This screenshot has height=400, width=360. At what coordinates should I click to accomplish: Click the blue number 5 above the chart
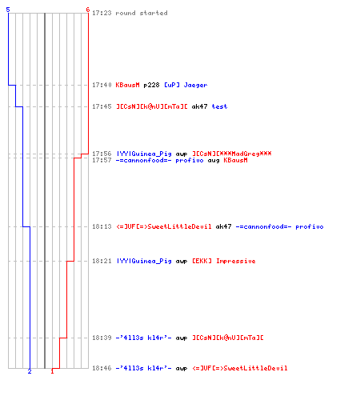[8, 10]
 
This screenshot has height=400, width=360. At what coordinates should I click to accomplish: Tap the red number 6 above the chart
[88, 10]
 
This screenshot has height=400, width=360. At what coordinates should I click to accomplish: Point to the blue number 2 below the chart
[30, 371]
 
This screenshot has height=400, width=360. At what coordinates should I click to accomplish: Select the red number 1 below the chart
[52, 371]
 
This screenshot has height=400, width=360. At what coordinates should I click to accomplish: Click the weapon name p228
[151, 85]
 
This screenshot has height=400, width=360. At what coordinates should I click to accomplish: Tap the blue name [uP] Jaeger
[186, 85]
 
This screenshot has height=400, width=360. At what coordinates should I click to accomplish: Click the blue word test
[219, 106]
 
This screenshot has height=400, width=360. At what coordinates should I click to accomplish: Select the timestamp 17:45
[102, 106]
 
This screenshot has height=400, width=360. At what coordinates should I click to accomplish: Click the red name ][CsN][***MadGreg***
[232, 154]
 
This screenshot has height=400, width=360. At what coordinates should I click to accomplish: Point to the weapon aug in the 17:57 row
[214, 160]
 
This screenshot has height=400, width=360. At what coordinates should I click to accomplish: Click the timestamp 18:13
[102, 226]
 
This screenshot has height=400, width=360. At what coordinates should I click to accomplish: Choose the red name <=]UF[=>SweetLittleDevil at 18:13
[164, 226]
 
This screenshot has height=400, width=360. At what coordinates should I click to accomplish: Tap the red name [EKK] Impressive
[224, 261]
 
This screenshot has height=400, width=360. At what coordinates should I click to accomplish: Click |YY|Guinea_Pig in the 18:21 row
[144, 261]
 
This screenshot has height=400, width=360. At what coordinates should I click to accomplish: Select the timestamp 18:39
[102, 338]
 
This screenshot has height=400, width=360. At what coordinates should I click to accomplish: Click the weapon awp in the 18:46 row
[182, 369]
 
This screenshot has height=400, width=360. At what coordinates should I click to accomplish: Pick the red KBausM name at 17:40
[127, 85]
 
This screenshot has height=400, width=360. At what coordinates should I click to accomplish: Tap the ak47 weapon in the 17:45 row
[199, 106]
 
